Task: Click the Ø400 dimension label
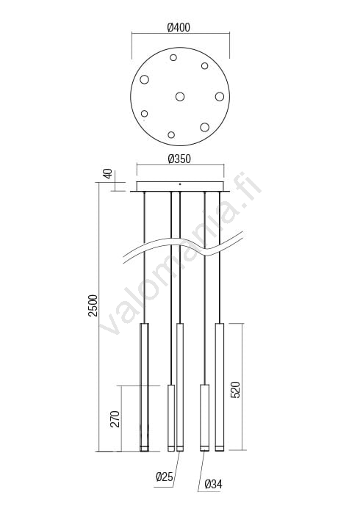point(179,28)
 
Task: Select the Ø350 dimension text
point(179,159)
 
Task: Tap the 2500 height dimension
point(93,305)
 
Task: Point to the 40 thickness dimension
point(108,173)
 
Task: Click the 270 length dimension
point(115,419)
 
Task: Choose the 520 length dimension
point(235,390)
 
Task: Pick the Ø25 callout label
point(165,477)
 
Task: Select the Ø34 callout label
point(213,484)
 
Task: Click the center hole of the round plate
point(180,96)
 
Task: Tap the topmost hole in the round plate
point(173,58)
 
